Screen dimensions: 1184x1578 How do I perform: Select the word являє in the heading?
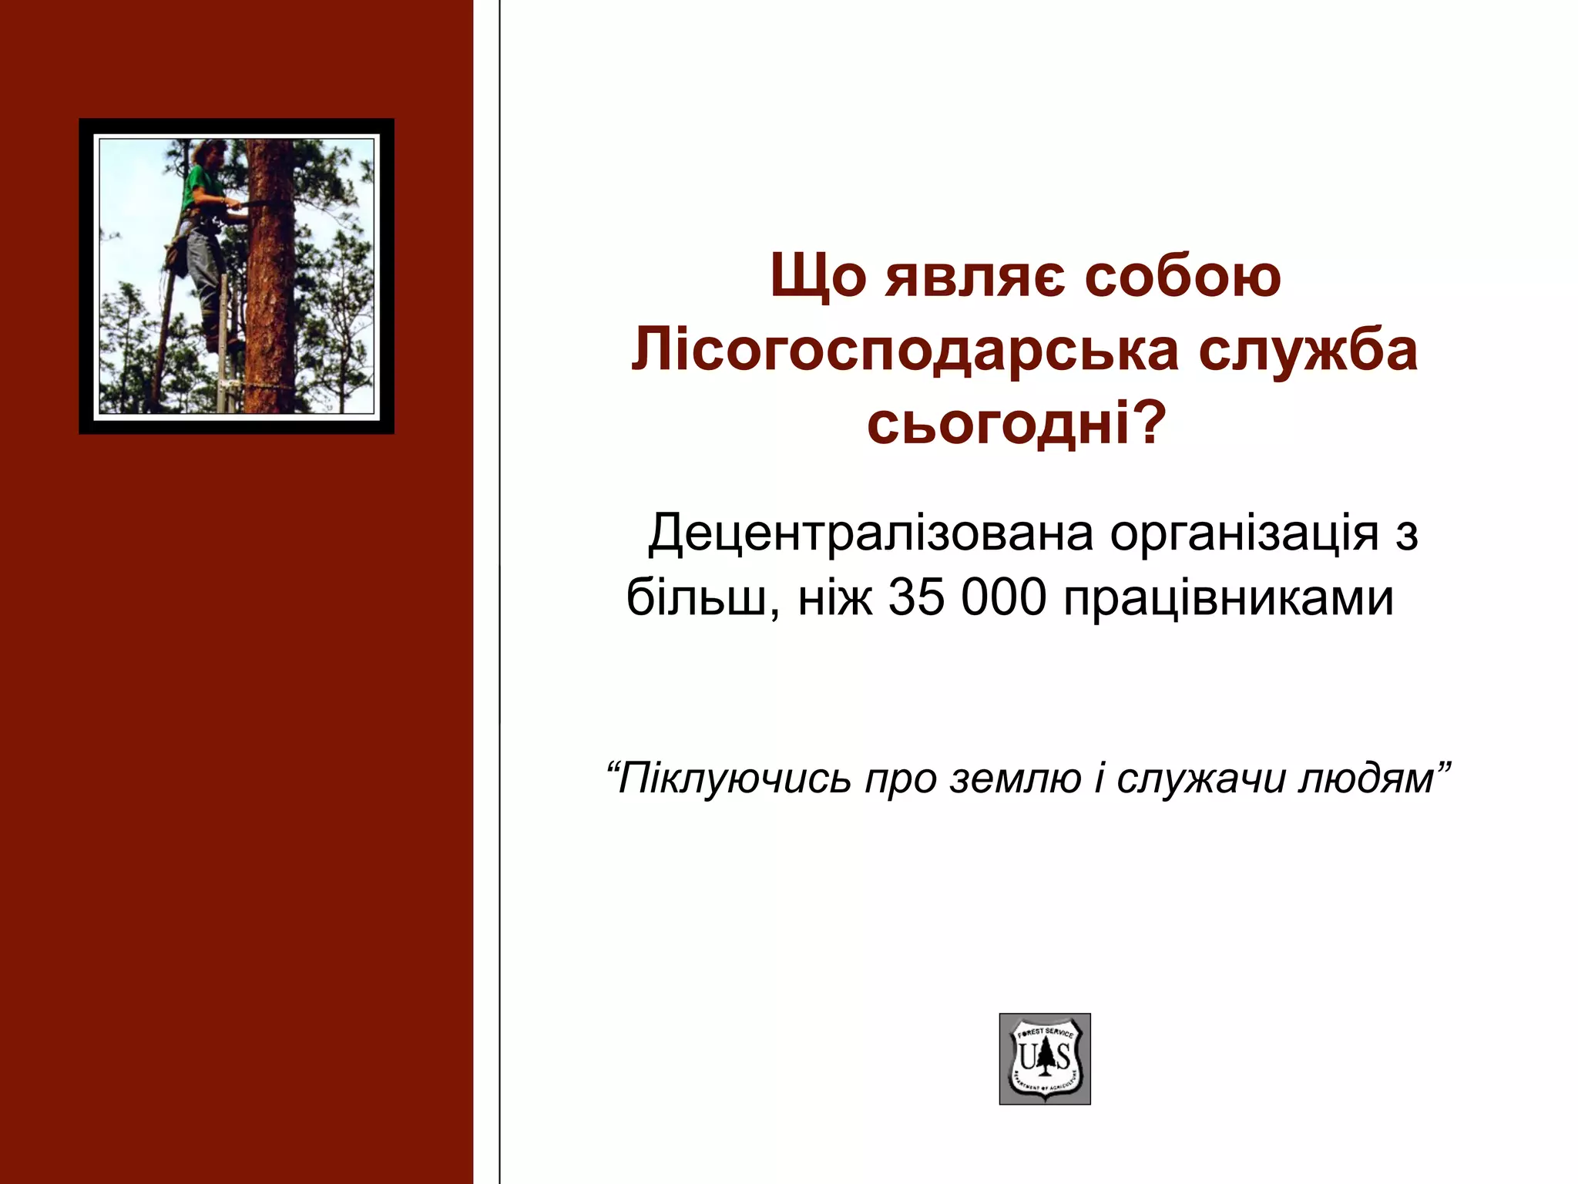975,277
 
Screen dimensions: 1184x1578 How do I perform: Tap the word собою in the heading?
1183,277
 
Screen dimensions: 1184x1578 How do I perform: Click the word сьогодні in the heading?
998,425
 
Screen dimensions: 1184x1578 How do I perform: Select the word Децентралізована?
871,534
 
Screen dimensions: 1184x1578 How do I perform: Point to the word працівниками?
1228,598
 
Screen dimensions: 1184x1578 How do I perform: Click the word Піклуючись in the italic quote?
736,779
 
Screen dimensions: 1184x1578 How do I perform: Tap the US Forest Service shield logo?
1045,1058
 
